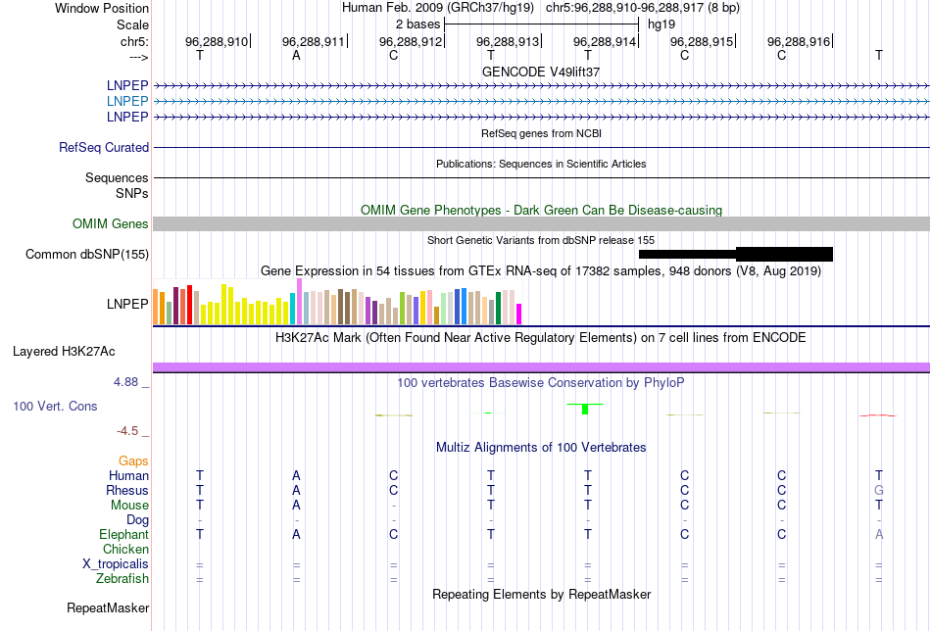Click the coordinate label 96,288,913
(x=508, y=41)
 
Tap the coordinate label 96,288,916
(x=798, y=41)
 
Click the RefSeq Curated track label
(x=104, y=147)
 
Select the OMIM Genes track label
(x=111, y=224)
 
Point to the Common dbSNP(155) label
(x=87, y=255)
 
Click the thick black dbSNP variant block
(x=784, y=254)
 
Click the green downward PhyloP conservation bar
(x=584, y=409)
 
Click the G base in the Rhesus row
(x=879, y=490)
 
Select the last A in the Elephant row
(x=879, y=534)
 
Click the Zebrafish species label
(x=122, y=579)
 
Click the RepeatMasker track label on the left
(x=108, y=608)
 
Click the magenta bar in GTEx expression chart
(x=519, y=314)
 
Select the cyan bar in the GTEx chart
(x=293, y=309)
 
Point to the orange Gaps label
(x=133, y=461)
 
